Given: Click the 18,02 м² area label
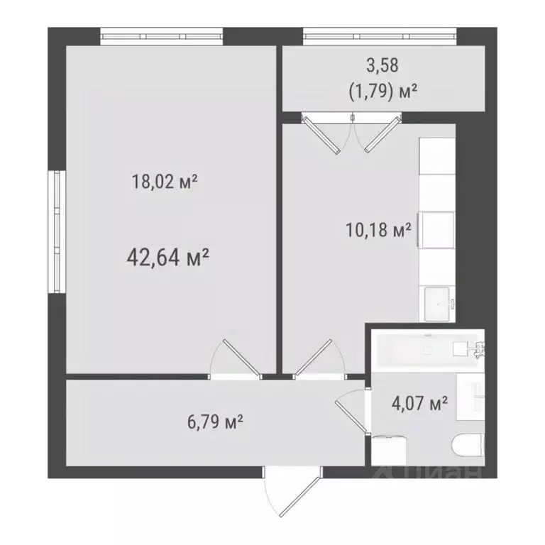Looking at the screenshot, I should point(164,182).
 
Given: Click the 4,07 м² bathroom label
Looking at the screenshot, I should point(419,405).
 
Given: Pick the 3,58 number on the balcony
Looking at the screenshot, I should point(382,66).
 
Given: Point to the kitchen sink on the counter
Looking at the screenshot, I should point(439,303).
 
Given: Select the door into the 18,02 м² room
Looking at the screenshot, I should point(236,356).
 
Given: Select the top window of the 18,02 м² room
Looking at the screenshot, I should point(161,34).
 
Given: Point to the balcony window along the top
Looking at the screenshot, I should point(380,34).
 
